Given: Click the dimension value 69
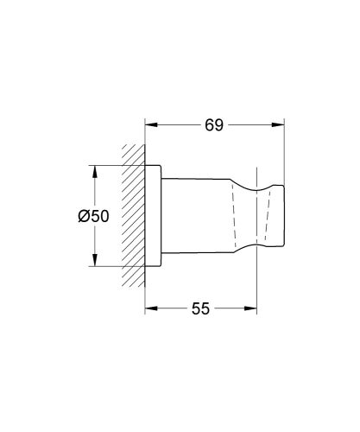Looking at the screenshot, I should point(214,125).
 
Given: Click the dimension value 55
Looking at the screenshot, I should point(200,308).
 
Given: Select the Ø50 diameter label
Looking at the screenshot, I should point(92,217).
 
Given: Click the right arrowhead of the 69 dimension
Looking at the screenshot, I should point(281,125).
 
